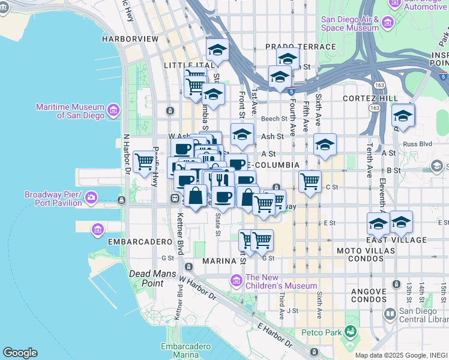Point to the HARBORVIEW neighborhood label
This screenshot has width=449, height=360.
(130, 38)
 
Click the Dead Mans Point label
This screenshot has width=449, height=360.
(146, 278)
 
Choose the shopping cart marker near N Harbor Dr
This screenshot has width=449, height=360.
(144, 161)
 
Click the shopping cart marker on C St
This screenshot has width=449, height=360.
(310, 181)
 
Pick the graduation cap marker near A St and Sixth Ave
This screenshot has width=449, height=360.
(325, 145)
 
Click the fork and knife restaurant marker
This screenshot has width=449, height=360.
(222, 179)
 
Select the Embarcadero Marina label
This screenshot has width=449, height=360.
(185, 350)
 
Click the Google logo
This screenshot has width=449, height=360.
(20, 353)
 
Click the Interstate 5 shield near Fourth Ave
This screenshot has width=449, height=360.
(291, 92)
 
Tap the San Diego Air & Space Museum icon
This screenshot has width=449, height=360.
(387, 23)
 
